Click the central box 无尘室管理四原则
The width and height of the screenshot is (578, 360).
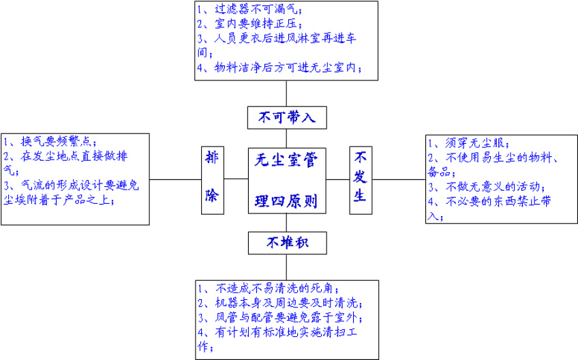click(286, 179)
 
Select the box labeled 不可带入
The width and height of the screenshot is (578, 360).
click(286, 117)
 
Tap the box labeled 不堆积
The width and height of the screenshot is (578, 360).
click(286, 242)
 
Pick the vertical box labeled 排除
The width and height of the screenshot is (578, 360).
click(211, 179)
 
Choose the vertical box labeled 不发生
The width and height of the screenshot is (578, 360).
click(361, 179)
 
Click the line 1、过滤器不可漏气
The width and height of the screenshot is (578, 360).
click(249, 10)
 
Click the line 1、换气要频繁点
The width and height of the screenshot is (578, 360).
click(50, 142)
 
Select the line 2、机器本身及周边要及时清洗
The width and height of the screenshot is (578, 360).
click(280, 303)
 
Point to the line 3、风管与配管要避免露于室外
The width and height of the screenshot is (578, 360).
click(280, 318)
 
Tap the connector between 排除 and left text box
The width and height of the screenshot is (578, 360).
click(175, 179)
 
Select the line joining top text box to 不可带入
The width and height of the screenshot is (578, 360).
click(286, 93)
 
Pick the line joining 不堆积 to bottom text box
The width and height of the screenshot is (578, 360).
click(286, 265)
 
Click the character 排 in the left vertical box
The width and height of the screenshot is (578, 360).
click(211, 158)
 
